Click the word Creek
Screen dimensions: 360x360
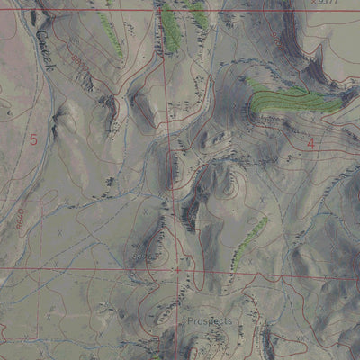click(45, 49)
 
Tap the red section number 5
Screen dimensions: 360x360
click(33, 139)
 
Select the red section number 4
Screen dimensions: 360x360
click(311, 142)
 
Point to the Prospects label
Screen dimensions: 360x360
click(210, 321)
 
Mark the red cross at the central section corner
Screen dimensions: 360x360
click(177, 267)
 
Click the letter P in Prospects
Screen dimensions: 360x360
click(191, 321)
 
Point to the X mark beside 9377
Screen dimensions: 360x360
click(313, 3)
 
